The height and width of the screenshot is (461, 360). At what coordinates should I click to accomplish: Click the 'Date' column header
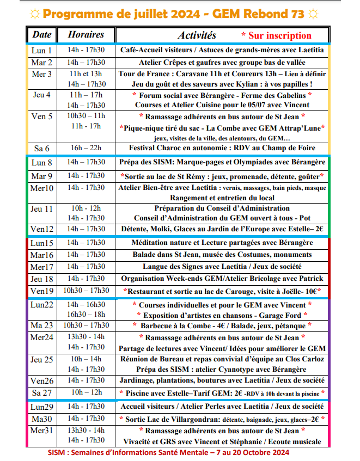pyautogui.click(x=42, y=34)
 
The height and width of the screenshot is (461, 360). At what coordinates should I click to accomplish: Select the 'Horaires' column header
pyautogui.click(x=86, y=34)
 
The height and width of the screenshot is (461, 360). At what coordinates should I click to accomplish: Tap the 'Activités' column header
pyautogui.click(x=197, y=35)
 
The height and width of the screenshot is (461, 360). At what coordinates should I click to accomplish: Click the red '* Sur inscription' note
pyautogui.click(x=276, y=35)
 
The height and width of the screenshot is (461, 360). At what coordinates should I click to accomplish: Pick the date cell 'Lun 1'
pyautogui.click(x=42, y=50)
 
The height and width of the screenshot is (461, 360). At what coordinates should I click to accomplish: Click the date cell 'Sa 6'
pyautogui.click(x=42, y=148)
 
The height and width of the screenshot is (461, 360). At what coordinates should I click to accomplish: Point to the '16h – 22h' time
pyautogui.click(x=86, y=148)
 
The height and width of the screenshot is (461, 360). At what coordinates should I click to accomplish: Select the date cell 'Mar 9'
pyautogui.click(x=42, y=176)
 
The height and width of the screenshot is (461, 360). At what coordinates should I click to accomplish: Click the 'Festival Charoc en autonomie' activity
pyautogui.click(x=222, y=148)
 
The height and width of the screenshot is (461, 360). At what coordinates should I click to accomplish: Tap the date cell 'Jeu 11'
pyautogui.click(x=42, y=208)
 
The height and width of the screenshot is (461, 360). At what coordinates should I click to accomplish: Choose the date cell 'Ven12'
pyautogui.click(x=42, y=229)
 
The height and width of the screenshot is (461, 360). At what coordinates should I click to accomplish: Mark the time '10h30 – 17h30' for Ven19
pyautogui.click(x=86, y=291)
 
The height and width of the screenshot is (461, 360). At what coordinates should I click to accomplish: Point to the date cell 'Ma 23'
pyautogui.click(x=42, y=326)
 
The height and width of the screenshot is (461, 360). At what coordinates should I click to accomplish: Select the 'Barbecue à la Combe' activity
pyautogui.click(x=222, y=325)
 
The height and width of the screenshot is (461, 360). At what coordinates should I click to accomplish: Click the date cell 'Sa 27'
pyautogui.click(x=42, y=393)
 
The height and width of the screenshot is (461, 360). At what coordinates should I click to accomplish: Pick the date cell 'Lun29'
pyautogui.click(x=42, y=407)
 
